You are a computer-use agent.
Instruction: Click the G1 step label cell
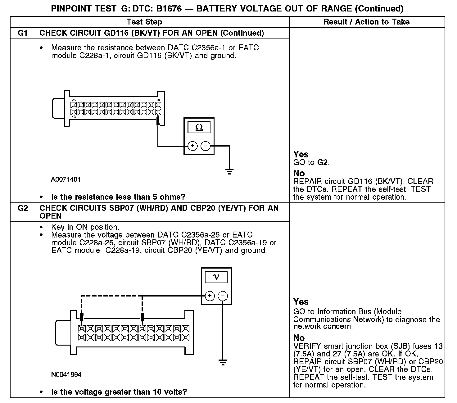click(23, 33)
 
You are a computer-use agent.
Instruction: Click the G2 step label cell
click(23, 208)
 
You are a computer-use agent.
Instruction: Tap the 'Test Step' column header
click(144, 22)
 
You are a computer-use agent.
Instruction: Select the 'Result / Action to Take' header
click(366, 22)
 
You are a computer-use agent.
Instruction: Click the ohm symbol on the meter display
click(199, 128)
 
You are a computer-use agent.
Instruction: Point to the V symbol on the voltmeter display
click(216, 277)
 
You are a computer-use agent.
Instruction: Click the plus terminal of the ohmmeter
click(192, 146)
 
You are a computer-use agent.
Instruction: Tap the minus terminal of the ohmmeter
click(206, 146)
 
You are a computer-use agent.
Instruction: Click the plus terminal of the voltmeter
click(210, 296)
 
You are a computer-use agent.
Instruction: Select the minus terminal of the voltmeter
click(223, 296)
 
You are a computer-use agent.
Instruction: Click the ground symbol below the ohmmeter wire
click(229, 172)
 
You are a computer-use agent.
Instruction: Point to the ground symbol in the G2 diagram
click(222, 362)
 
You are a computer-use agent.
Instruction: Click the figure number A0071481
click(66, 179)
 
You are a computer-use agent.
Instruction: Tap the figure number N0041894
click(66, 374)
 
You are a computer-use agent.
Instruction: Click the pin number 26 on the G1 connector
click(74, 100)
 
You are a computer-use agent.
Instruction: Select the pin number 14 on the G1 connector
click(158, 100)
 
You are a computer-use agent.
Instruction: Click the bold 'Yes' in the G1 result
click(301, 154)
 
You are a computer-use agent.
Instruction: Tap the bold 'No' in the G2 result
click(299, 337)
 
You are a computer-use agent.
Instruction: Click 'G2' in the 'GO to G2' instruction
click(323, 162)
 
